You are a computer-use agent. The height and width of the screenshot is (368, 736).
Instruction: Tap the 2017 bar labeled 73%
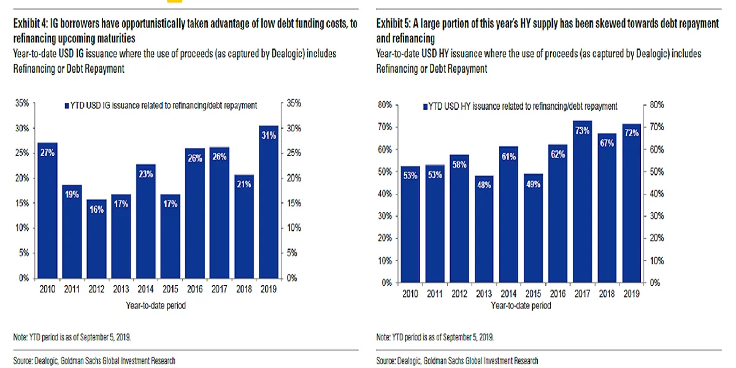point(583,202)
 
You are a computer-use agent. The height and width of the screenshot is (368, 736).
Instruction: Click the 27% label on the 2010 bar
point(48,153)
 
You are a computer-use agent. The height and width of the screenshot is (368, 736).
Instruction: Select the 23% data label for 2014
point(145,174)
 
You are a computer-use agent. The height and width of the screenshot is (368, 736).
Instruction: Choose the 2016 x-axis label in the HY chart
point(558,294)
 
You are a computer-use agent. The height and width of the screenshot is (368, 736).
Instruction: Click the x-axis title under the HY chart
point(520,305)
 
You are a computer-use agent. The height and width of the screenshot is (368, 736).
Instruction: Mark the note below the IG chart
point(72,337)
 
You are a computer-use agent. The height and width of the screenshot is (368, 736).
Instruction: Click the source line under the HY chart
point(457,361)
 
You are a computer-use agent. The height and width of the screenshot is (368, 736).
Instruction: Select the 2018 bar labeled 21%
point(243,227)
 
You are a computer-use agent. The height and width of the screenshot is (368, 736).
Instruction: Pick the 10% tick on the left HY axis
point(384,261)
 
